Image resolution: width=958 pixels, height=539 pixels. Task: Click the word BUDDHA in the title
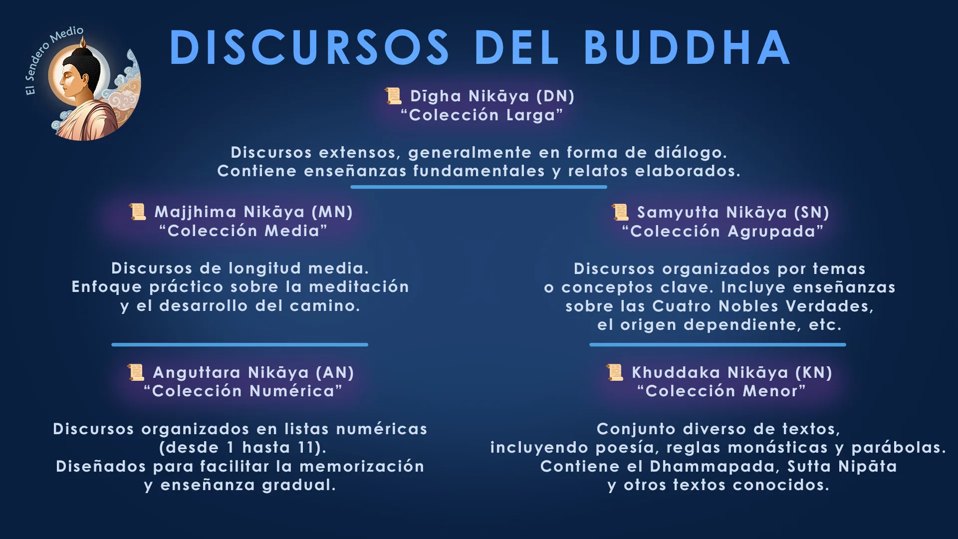coord(687,47)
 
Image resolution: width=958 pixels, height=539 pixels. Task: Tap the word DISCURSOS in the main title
coord(309,47)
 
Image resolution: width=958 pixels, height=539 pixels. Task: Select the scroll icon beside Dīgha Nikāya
coord(393,96)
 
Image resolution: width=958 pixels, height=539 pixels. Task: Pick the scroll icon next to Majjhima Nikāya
coord(138,212)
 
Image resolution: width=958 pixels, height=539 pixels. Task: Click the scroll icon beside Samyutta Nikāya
coord(620,212)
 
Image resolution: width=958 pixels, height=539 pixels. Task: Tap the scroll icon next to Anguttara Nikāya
coord(136,372)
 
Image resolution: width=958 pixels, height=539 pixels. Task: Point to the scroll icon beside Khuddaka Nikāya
coord(615,372)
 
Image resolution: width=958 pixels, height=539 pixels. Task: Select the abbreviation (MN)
coord(332,212)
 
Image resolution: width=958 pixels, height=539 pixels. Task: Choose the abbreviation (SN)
coord(812,213)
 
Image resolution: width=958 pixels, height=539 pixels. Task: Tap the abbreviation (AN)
coord(335,373)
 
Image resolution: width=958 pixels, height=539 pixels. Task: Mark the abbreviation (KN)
coord(814,373)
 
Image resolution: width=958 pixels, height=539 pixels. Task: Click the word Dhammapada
coord(712,467)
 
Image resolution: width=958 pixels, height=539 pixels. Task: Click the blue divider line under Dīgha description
coord(479,187)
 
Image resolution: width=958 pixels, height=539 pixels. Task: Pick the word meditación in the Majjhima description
coord(359,286)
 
